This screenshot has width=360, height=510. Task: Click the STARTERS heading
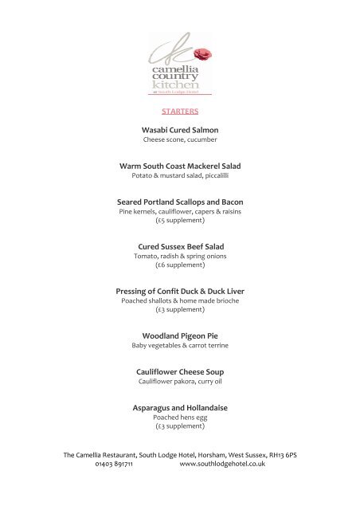click(x=179, y=112)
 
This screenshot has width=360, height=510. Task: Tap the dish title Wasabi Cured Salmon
click(x=180, y=129)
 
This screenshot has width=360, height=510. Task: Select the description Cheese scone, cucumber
click(x=180, y=140)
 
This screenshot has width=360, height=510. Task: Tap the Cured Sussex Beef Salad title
click(x=180, y=247)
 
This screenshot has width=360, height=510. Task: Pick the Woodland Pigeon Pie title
click(x=180, y=335)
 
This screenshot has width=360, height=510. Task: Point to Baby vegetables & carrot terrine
click(x=180, y=347)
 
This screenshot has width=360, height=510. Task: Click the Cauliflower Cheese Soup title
click(x=180, y=371)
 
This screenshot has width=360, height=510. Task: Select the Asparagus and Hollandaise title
click(x=180, y=408)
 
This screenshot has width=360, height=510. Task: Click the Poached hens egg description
click(x=180, y=418)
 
